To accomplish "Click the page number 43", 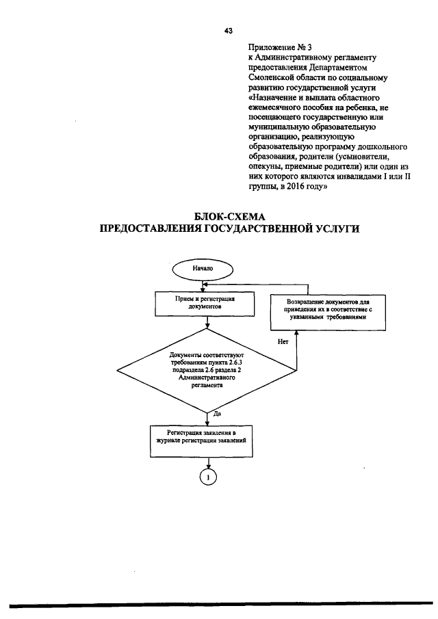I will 228,30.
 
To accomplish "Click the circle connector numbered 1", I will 207,477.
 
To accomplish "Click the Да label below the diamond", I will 217,414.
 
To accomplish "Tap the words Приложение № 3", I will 271,47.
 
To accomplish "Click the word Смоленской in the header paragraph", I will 270,78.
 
